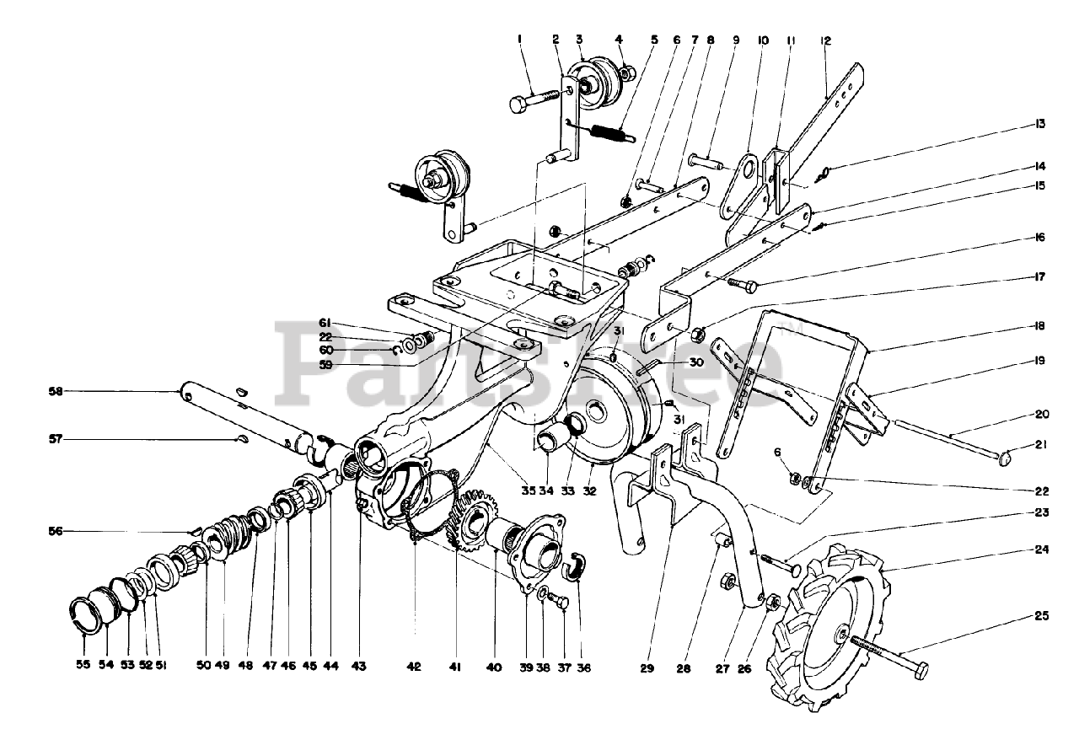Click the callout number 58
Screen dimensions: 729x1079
coord(56,391)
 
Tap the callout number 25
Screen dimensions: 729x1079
coord(1042,616)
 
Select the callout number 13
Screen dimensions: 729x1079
coord(1042,124)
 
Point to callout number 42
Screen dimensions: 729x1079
coord(413,666)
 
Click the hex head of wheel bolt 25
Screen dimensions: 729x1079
coord(921,672)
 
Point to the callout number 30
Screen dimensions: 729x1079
coord(695,362)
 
